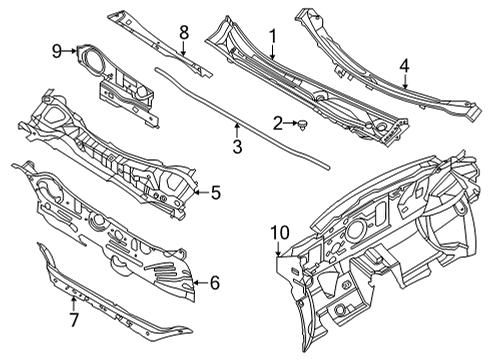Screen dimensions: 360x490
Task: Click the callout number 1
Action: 271,35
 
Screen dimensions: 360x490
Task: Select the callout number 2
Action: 277,123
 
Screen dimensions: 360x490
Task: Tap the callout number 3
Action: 236,149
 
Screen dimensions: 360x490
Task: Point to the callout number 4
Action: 403,66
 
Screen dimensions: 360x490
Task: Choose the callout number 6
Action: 214,282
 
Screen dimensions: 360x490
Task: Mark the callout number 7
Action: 71,319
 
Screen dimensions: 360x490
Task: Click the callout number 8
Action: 183,34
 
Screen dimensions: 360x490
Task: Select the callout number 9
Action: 57,49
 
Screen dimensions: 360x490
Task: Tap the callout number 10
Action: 277,234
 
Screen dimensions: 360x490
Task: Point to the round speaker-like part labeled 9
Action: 93,58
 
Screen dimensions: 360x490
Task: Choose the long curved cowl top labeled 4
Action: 380,60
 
